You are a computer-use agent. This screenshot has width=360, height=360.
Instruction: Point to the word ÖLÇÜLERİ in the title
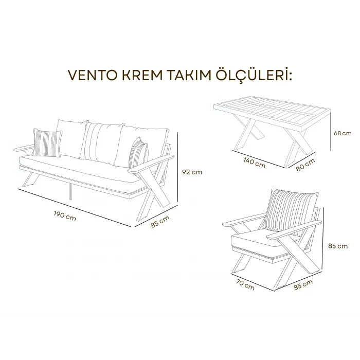256,76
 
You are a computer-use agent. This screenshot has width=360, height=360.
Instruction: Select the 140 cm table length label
254,163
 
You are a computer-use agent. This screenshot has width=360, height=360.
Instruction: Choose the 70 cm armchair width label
245,284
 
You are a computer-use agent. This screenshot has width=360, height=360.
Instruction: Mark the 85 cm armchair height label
337,246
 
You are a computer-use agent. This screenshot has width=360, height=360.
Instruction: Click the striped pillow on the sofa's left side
47,142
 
